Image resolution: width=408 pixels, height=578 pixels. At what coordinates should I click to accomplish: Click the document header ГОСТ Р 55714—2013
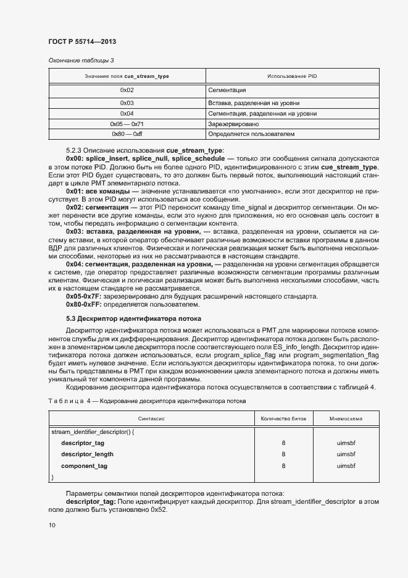(81, 41)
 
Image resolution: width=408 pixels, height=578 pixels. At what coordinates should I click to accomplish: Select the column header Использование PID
(292, 76)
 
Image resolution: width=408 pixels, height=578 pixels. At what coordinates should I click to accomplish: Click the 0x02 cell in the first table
(127, 91)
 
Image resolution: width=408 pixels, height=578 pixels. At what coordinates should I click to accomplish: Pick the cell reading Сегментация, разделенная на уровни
(262, 114)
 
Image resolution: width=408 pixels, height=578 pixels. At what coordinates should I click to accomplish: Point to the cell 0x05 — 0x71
(127, 124)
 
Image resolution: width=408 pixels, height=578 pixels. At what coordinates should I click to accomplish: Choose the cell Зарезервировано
(232, 124)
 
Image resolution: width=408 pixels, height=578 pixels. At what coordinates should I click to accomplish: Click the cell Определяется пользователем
(251, 134)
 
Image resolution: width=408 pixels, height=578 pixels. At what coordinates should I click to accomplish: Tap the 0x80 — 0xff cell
(127, 134)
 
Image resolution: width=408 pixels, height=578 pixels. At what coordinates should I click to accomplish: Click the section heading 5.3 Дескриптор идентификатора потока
(133, 319)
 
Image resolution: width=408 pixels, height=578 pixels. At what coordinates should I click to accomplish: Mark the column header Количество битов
(283, 419)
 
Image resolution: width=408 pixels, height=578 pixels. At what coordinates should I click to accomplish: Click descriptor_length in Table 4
(87, 454)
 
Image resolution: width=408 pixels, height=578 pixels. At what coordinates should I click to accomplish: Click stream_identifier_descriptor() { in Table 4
(93, 431)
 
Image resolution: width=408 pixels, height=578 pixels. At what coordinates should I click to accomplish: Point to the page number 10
(52, 525)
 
